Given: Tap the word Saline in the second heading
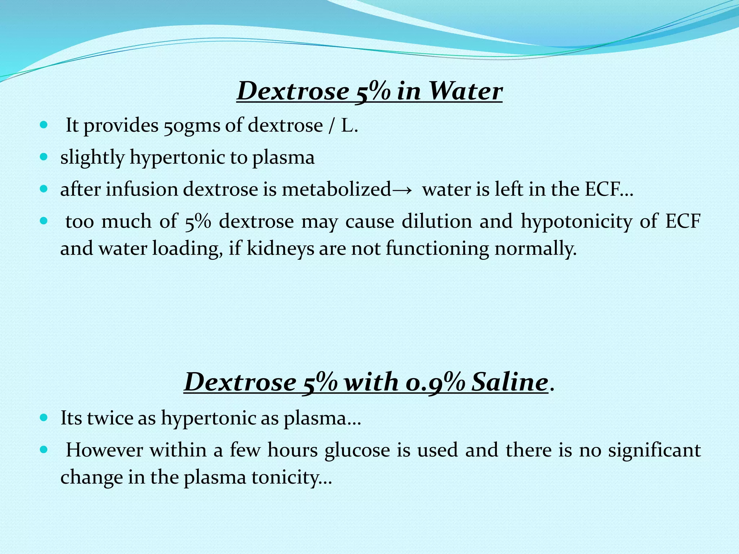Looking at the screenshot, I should (510, 382).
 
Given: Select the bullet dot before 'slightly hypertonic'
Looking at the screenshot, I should (43, 157).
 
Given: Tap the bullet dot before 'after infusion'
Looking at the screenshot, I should (43, 189).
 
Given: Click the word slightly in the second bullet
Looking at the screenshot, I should (92, 158).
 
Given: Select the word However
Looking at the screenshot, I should (104, 450).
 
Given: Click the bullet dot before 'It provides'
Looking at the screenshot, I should (43, 126).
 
